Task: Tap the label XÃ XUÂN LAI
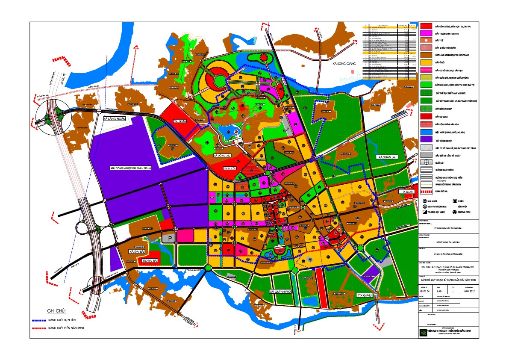click(387, 157)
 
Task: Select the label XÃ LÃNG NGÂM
click(115, 119)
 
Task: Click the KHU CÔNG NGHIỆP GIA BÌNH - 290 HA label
click(130, 168)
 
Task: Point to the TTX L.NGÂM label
click(182, 121)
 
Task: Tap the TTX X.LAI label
click(407, 193)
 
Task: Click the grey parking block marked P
click(169, 238)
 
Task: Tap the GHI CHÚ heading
click(59, 311)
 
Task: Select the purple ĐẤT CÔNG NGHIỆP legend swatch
click(425, 140)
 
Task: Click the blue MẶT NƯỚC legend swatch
click(425, 132)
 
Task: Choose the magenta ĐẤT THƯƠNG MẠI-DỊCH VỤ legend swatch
click(425, 33)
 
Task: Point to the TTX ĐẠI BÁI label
click(150, 260)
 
